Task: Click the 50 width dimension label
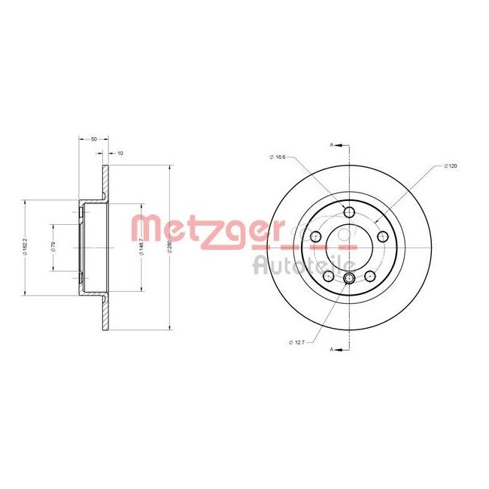tap(94, 139)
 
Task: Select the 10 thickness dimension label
tap(120, 153)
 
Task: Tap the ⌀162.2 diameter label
tap(25, 245)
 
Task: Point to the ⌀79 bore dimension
tap(53, 245)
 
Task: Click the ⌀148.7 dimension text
tap(142, 246)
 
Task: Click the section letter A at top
tap(330, 143)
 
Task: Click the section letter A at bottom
tap(330, 349)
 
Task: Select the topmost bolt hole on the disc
tap(349, 211)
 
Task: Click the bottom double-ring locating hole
tap(349, 279)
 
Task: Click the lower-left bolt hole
tap(329, 277)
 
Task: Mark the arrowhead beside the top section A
tap(339, 143)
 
